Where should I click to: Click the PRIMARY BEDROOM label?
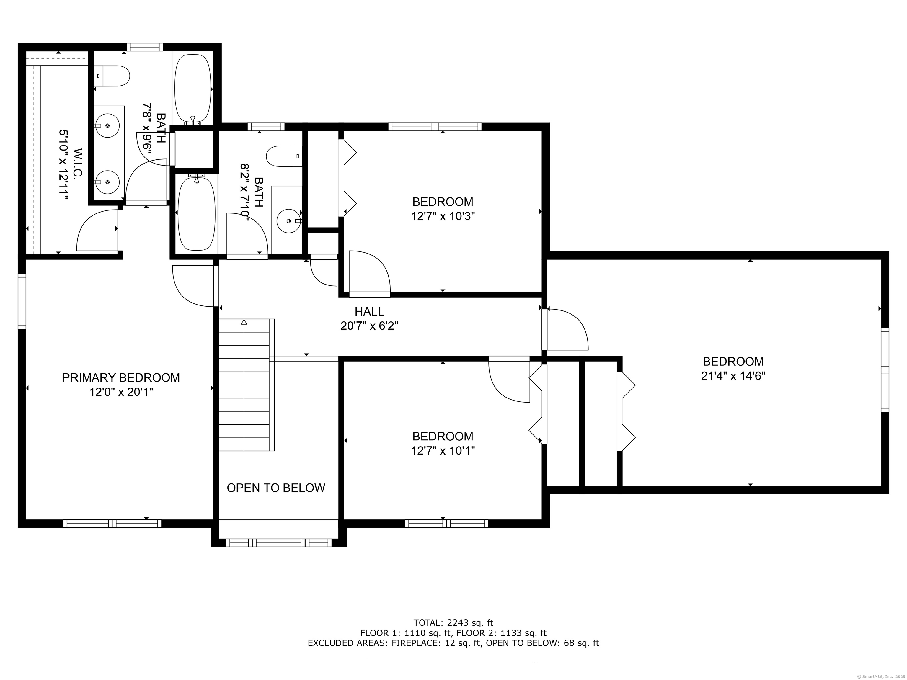point(121,377)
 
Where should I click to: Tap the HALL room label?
point(369,311)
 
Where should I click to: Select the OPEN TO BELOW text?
point(276,488)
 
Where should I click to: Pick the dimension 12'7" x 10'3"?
point(443,216)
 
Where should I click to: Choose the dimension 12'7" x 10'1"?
point(443,451)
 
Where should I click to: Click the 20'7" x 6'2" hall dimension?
point(369,326)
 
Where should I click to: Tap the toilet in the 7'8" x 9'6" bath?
point(112,76)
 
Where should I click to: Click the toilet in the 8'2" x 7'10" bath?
point(284,156)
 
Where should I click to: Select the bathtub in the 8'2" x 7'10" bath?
point(196,213)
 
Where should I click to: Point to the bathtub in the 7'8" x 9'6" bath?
point(193,89)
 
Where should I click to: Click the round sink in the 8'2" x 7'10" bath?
point(289,220)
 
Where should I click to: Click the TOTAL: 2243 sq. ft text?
point(453,623)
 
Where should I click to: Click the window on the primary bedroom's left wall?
point(22,301)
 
